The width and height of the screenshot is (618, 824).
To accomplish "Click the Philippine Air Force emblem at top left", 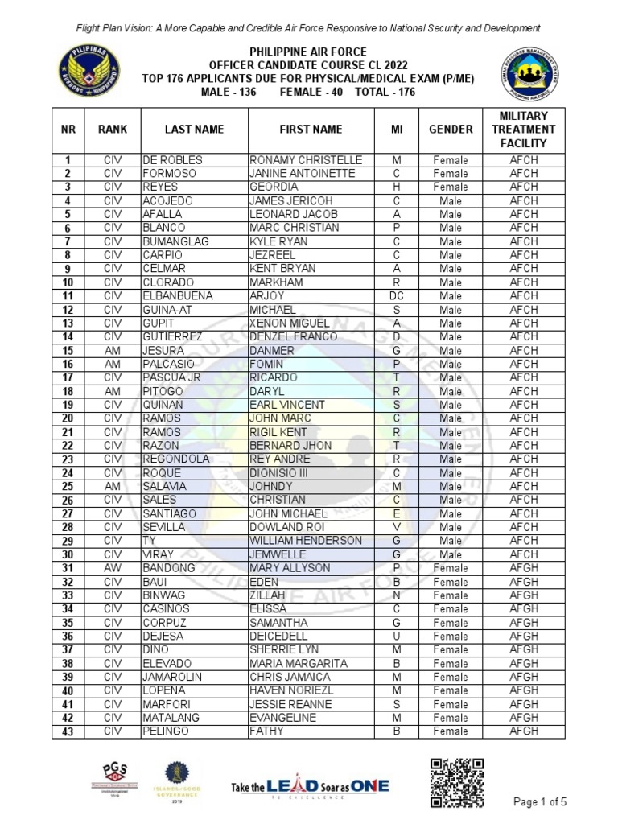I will coord(89,71).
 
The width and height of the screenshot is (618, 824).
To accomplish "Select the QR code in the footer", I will coord(456,783).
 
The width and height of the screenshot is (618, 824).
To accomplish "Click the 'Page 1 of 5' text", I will coord(540,801).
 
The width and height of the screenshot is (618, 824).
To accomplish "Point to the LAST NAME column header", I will coord(194,130).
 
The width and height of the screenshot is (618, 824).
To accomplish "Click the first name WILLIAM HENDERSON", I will coord(306,541).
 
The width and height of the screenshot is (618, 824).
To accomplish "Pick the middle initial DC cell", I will coord(396,296).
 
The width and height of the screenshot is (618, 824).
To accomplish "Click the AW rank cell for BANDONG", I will coord(112,568).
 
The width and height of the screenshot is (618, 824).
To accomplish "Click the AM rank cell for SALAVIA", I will coord(112,486).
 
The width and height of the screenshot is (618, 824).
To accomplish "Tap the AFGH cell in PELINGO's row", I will coord(523,731).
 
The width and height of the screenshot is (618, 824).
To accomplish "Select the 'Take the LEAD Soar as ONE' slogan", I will coord(310,786).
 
